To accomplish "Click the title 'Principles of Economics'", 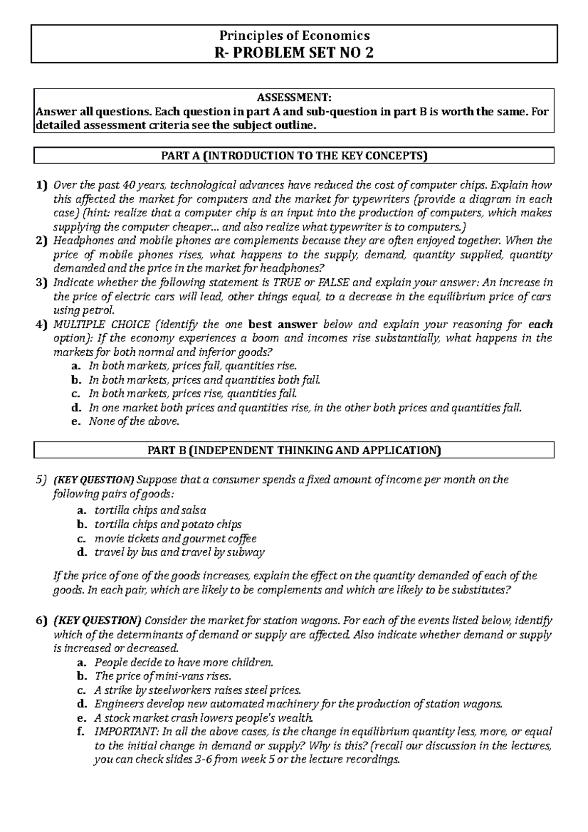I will coord(294,36).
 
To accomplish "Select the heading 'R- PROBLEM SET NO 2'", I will coord(294,52).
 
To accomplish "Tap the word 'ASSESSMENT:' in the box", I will coord(294,98).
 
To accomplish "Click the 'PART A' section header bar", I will coord(294,156).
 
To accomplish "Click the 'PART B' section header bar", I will coord(294,450).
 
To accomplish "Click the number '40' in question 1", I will coord(129,185).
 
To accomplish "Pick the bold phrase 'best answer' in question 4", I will coord(283,324).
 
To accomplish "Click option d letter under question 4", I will coord(75,408).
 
